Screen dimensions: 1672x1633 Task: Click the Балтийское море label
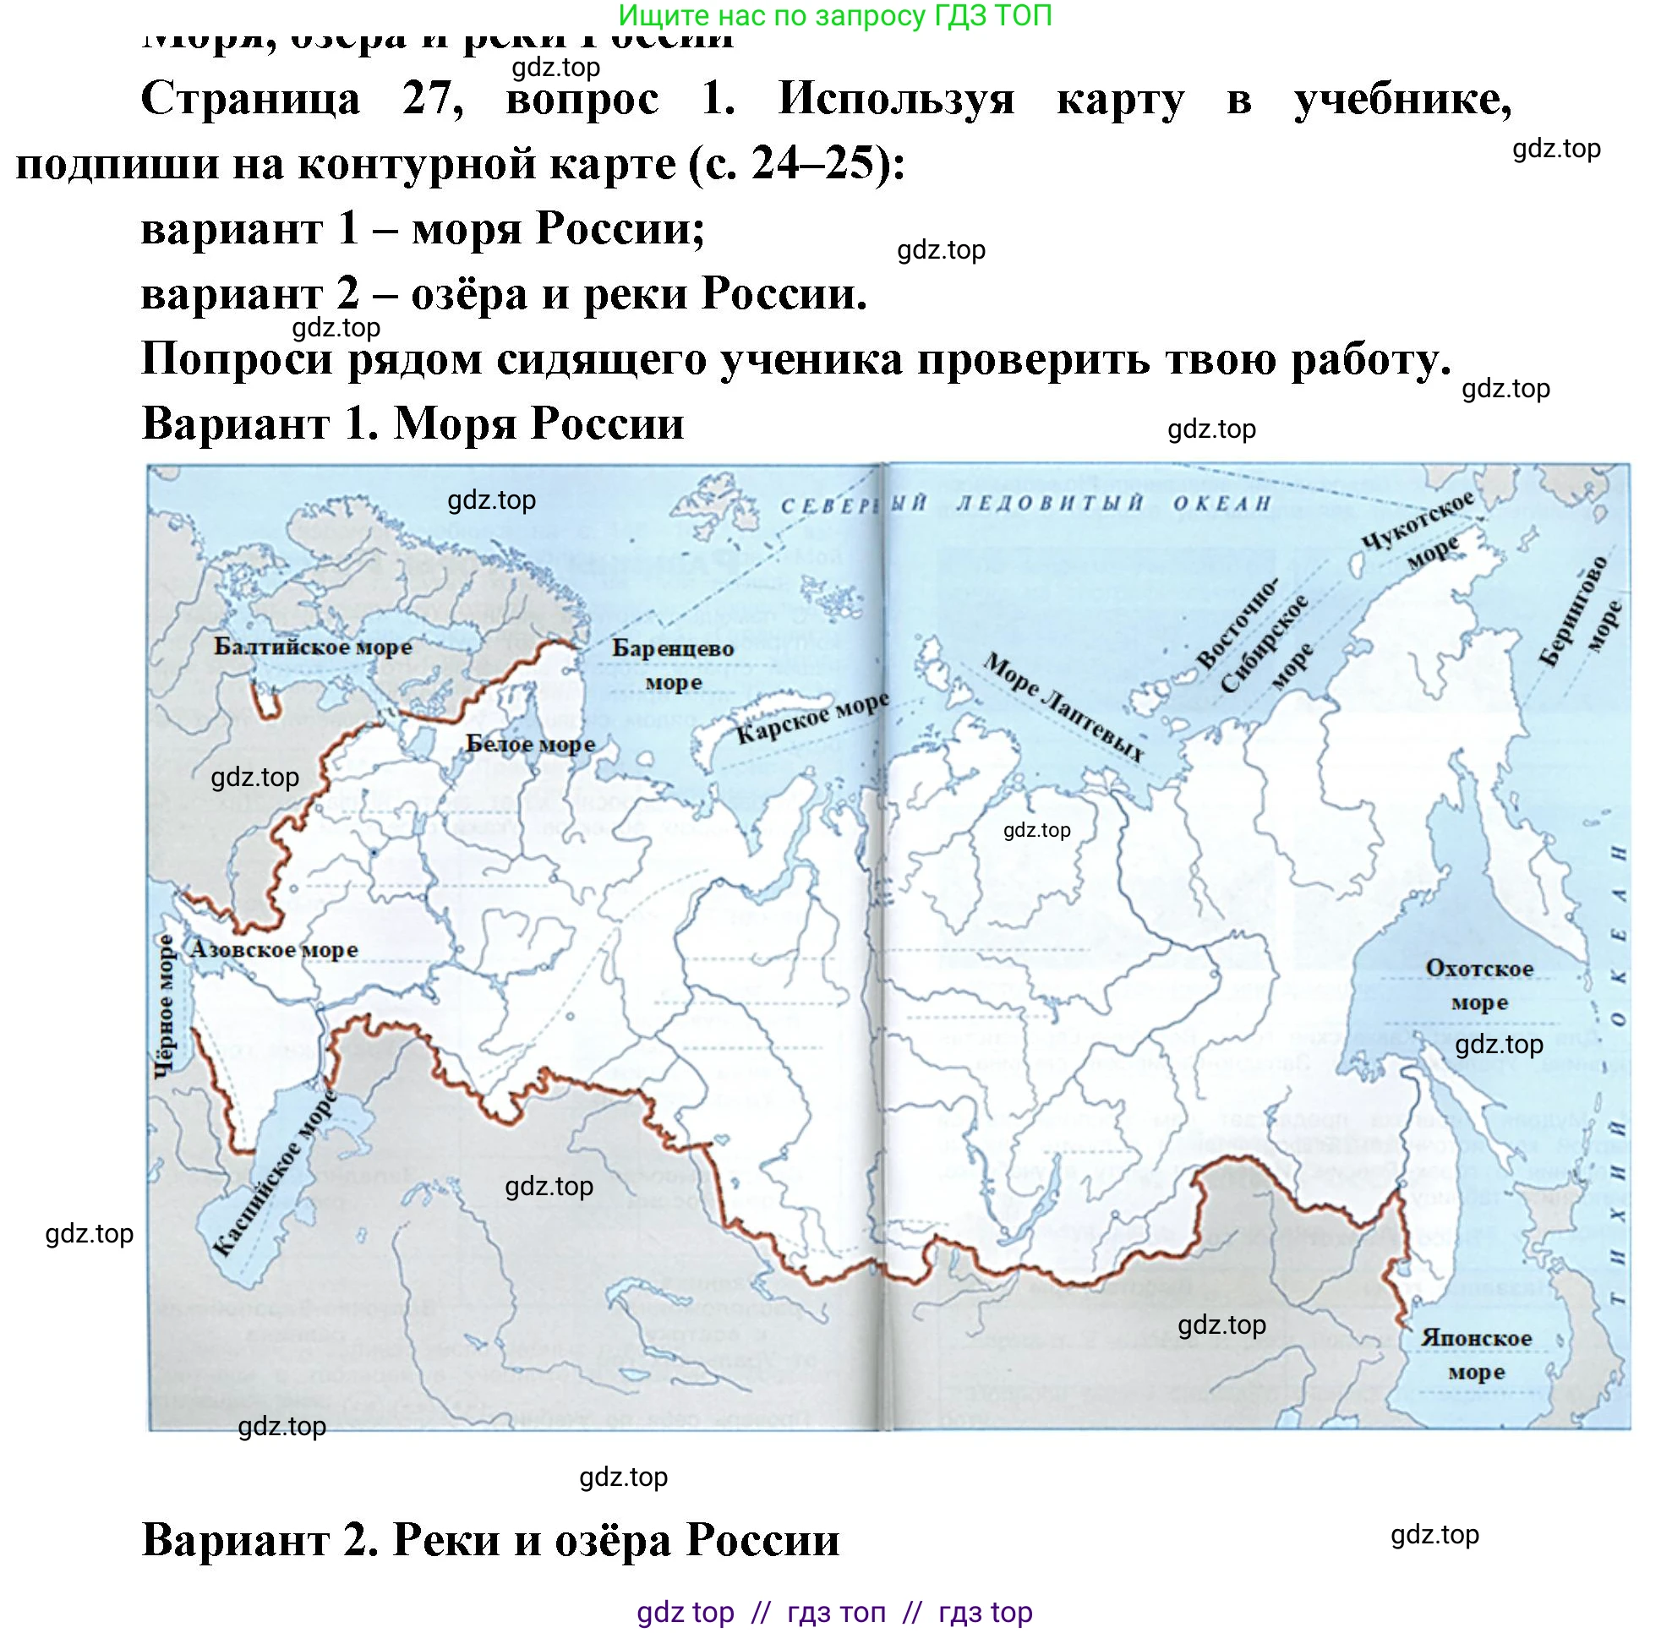[x=312, y=647]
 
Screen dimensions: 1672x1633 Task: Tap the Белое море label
[x=529, y=745]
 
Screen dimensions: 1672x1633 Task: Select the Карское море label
[x=811, y=718]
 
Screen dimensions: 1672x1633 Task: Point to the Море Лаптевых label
[x=1063, y=707]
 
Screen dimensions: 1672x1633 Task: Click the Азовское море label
[x=273, y=949]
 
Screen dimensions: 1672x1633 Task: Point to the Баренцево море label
[x=673, y=664]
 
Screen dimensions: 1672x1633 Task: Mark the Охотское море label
[x=1479, y=985]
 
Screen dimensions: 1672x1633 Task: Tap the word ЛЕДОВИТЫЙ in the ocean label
[x=1050, y=504]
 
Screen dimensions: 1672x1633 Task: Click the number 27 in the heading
[x=432, y=99]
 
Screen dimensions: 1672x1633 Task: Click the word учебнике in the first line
[x=1402, y=99]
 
